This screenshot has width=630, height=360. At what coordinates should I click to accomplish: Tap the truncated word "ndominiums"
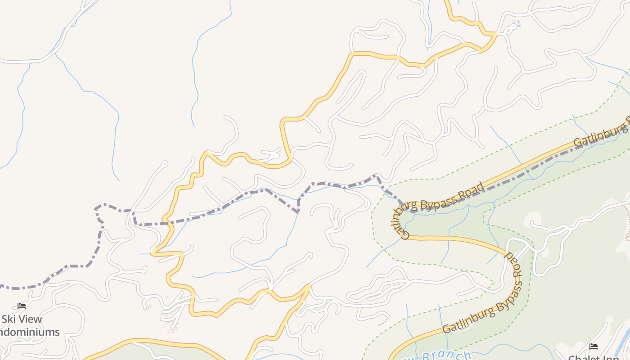click(30, 333)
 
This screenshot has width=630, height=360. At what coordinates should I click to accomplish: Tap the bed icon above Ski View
click(22, 306)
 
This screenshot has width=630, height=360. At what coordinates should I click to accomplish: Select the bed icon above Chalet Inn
click(594, 346)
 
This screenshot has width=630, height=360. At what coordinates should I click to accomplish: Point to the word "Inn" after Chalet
click(611, 358)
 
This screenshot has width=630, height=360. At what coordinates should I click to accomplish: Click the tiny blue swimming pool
click(518, 22)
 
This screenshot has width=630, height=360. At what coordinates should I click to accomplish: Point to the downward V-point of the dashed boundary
click(298, 211)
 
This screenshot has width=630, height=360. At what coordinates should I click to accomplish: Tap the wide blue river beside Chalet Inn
click(623, 344)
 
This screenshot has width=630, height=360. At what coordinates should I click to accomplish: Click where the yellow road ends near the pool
click(496, 33)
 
